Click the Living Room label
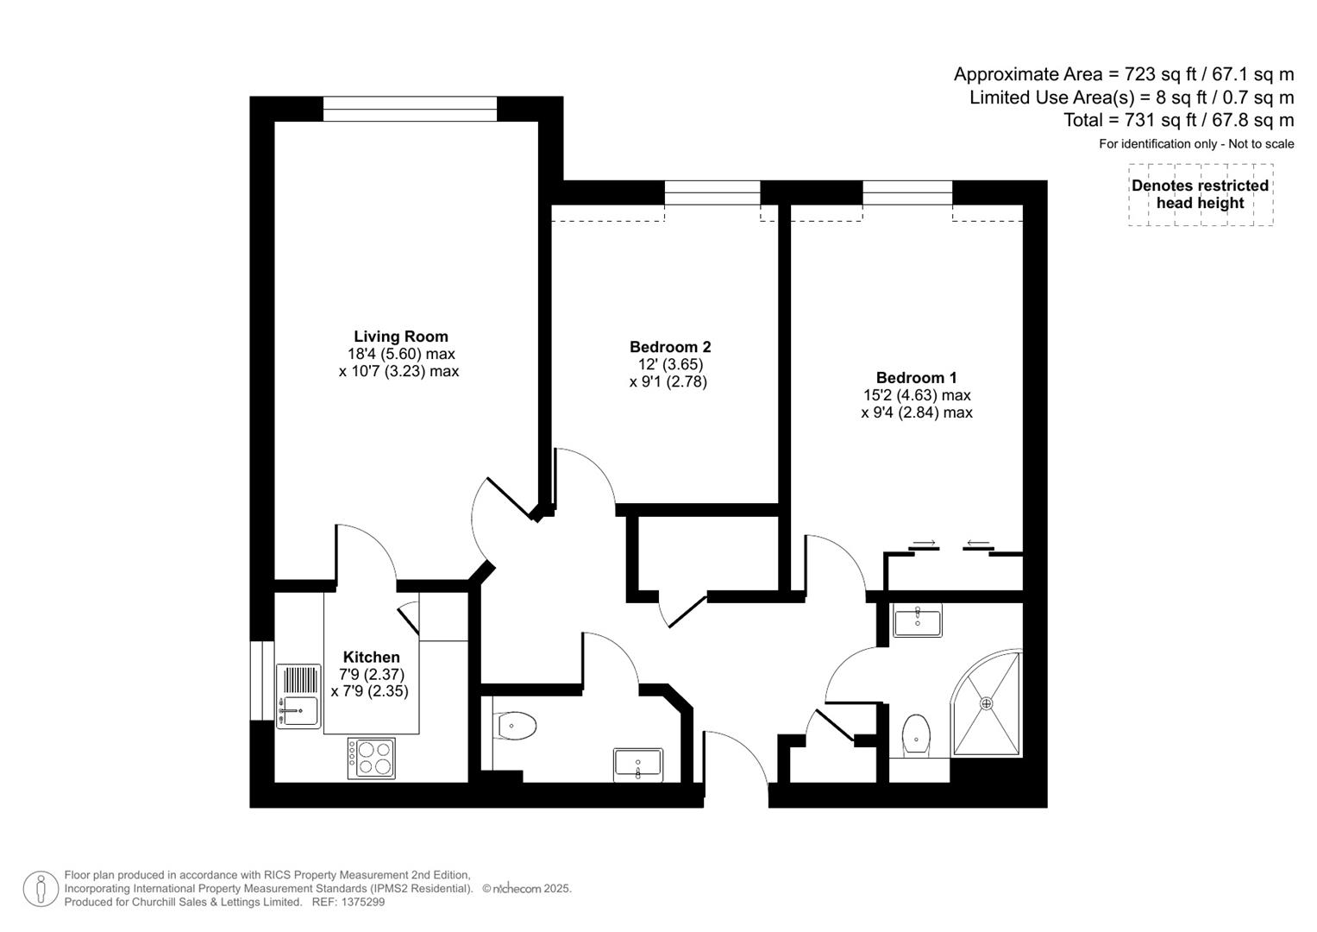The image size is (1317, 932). click(400, 337)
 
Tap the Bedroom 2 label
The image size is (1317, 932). click(669, 347)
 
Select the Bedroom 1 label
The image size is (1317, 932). click(916, 377)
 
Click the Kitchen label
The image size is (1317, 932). click(371, 657)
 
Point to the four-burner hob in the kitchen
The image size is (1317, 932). click(372, 758)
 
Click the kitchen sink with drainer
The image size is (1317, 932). click(298, 696)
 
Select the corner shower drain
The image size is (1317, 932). click(987, 703)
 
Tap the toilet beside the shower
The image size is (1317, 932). click(915, 736)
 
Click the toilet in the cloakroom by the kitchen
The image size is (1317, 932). click(516, 726)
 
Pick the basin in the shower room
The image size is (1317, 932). click(917, 620)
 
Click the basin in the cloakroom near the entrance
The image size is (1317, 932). click(638, 764)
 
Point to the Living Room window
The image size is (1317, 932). click(410, 109)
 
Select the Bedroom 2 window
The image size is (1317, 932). click(712, 192)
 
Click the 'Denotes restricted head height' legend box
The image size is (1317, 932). click(1200, 195)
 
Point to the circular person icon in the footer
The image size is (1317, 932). click(41, 889)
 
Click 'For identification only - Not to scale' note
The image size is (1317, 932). click(1195, 144)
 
